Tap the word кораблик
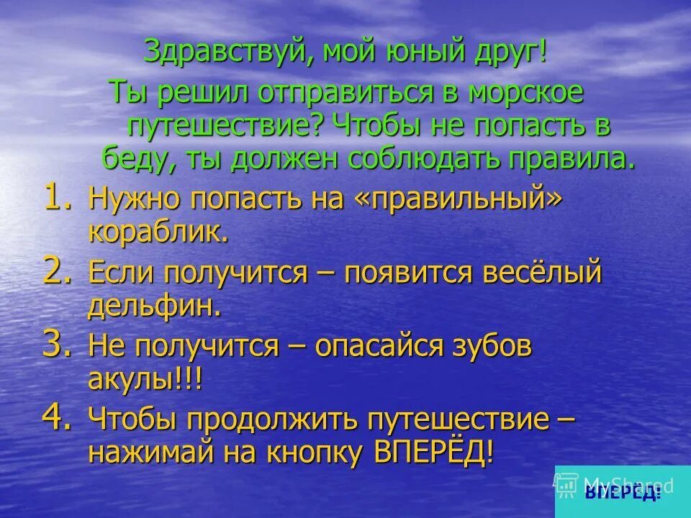157,232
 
